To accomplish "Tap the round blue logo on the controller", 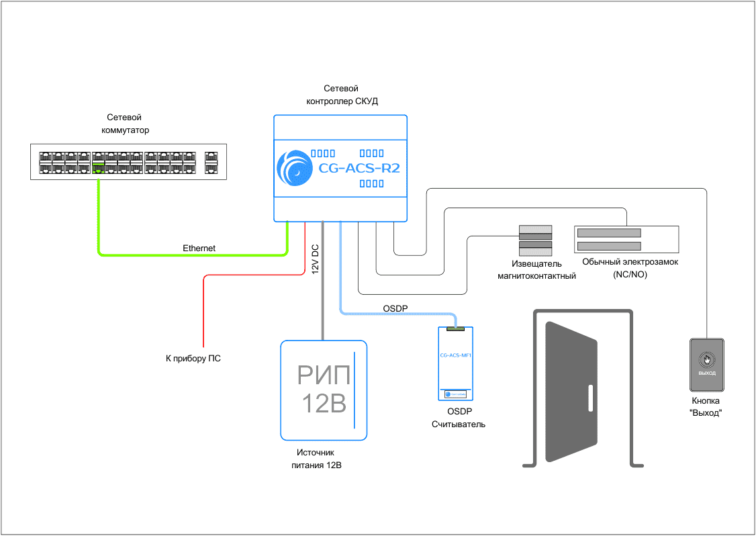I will point(295,168).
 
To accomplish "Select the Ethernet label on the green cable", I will point(199,248).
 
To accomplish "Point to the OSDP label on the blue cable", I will point(395,308).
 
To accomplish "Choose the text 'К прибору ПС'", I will point(193,359).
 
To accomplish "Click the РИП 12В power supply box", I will point(324,390).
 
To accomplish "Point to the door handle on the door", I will point(590,398).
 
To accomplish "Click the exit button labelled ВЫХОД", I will point(707,364).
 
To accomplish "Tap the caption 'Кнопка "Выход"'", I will point(705,407).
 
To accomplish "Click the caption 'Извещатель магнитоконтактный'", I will point(536,270).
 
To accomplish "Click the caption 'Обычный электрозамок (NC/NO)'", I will point(630,268).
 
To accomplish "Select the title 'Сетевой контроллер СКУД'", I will point(341,95).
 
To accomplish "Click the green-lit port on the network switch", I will point(99,167).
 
